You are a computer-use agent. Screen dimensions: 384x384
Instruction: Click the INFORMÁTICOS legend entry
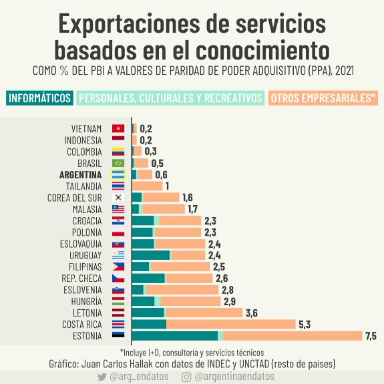tap(39, 98)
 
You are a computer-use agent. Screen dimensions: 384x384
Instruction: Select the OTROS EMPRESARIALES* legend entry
tap(323, 98)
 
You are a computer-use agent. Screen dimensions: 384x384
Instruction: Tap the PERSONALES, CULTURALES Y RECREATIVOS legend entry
tap(170, 98)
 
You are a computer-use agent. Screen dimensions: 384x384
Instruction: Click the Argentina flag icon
tap(118, 174)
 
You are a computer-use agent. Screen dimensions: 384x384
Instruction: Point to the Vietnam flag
tap(118, 128)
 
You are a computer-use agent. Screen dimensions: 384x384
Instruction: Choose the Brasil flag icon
tap(118, 163)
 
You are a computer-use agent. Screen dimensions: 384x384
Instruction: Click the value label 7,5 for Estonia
tap(371, 336)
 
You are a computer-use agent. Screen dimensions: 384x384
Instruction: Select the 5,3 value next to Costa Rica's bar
tap(305, 325)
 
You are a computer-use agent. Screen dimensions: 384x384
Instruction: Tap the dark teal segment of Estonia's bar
tap(175, 336)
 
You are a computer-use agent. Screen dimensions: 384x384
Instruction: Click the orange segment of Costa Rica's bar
tap(231, 325)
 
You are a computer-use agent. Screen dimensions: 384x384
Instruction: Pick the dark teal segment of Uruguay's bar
tap(151, 255)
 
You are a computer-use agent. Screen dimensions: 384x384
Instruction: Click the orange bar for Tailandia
tap(147, 186)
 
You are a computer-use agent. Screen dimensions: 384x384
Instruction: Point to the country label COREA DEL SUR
tap(74, 198)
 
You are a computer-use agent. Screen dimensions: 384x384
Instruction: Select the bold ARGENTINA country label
tap(81, 175)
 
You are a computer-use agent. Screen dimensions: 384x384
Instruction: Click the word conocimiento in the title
tap(262, 50)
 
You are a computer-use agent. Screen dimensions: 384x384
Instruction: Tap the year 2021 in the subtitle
tap(345, 71)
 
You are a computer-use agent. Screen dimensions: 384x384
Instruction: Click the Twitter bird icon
tap(102, 377)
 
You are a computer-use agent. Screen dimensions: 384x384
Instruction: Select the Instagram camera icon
tap(186, 377)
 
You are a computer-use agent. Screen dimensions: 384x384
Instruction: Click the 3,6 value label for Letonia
tap(252, 313)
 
